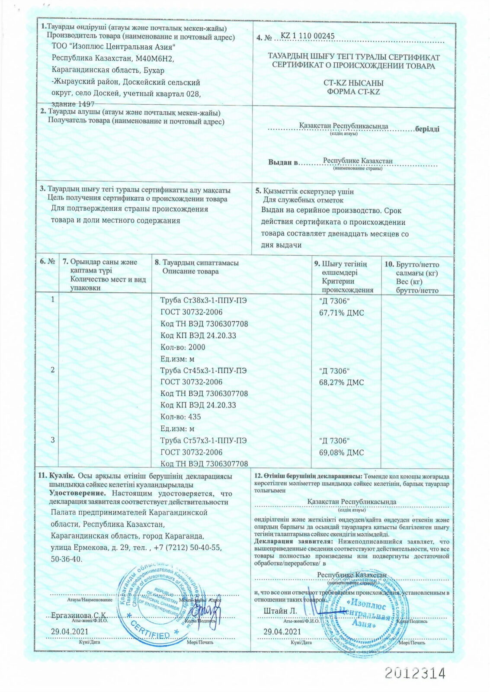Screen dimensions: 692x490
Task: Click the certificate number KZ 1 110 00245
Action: tap(307, 36)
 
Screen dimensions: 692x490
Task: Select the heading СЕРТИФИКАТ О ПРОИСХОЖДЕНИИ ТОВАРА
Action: tap(354, 66)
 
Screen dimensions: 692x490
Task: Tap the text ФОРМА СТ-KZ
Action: tap(353, 92)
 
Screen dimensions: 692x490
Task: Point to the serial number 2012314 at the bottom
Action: tap(415, 673)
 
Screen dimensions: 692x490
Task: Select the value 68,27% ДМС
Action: tap(341, 382)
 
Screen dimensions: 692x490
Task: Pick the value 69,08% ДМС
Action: tap(341, 452)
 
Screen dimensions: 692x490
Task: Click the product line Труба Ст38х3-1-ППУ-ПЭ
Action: tap(204, 301)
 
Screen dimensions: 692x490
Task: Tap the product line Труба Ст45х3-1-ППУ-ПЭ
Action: tap(204, 371)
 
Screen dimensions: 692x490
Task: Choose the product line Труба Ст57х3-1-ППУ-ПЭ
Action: tap(204, 441)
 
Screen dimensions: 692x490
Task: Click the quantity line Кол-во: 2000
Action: tap(183, 347)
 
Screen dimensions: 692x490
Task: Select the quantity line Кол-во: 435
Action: tap(180, 417)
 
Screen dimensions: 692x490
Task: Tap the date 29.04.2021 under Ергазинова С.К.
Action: tap(69, 631)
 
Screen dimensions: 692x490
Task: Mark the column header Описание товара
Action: tap(190, 272)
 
